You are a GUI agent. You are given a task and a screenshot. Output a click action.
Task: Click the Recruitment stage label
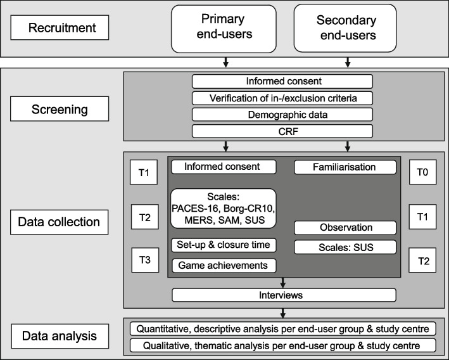pos(60,27)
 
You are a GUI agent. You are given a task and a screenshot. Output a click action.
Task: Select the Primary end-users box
pos(224,29)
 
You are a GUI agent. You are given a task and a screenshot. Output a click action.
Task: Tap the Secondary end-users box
pos(345,28)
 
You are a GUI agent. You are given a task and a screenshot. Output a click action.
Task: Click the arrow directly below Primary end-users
pos(225,63)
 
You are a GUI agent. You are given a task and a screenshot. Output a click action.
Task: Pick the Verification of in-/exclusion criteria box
pos(282,98)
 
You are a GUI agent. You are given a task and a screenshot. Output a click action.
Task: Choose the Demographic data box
pos(282,115)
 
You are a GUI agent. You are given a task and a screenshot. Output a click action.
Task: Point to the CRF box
pos(282,131)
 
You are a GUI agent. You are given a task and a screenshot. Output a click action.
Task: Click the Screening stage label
pos(60,109)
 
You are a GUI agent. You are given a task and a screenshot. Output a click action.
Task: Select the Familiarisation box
pos(345,167)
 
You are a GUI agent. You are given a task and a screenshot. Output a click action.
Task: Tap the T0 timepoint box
pos(422,172)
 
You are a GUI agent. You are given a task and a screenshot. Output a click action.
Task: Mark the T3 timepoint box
pos(145,260)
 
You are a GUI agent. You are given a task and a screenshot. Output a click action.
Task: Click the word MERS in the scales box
pos(198,220)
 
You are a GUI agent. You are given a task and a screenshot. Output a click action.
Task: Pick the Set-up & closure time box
pos(224,245)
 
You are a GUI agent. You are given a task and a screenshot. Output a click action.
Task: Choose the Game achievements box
pos(224,266)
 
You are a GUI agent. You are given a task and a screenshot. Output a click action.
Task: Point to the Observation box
pos(345,228)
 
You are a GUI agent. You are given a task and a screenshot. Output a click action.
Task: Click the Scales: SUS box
pos(345,247)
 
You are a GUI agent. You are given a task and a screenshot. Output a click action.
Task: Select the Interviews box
pos(284,295)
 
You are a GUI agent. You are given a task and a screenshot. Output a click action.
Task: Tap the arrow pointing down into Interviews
pos(282,283)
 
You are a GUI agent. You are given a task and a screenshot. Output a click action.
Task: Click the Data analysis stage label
pos(60,336)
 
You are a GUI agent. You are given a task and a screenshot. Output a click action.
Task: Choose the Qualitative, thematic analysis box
pos(283,345)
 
